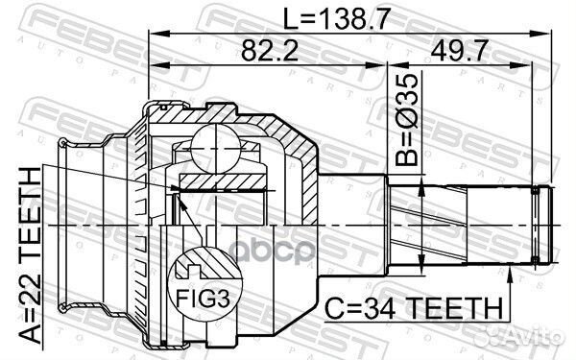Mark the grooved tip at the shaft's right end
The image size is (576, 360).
(x=544, y=225)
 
